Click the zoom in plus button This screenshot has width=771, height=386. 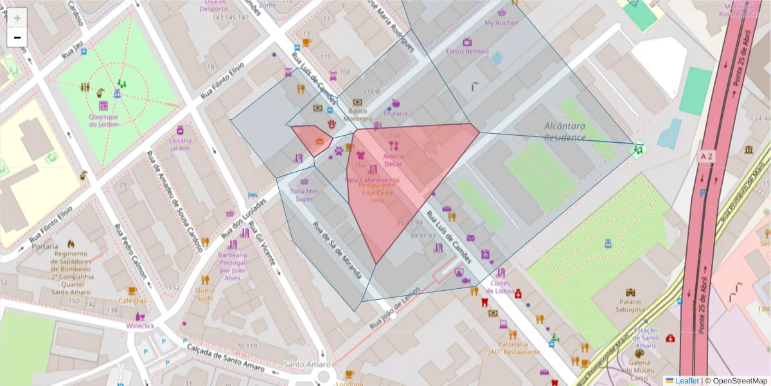[x=17, y=17]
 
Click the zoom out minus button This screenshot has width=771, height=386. [x=17, y=37]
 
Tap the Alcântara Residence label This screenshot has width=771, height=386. [x=564, y=132]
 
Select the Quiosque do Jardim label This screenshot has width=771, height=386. [x=103, y=120]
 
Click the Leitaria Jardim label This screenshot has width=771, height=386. [x=181, y=144]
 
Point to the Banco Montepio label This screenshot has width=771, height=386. [x=358, y=115]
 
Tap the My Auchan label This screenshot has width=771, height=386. [x=501, y=23]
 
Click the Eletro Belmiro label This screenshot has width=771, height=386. [x=467, y=51]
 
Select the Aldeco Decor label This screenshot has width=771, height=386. [x=393, y=160]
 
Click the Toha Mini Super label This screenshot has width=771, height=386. [x=305, y=195]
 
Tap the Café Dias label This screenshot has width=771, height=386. [x=132, y=300]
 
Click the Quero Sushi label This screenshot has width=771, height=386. [x=204, y=293]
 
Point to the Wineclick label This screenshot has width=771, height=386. [x=140, y=326]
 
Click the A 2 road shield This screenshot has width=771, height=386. [x=707, y=156]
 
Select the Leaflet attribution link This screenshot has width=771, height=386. [x=687, y=380]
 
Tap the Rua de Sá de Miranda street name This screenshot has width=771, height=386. [x=337, y=250]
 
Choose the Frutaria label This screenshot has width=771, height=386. [x=396, y=113]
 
